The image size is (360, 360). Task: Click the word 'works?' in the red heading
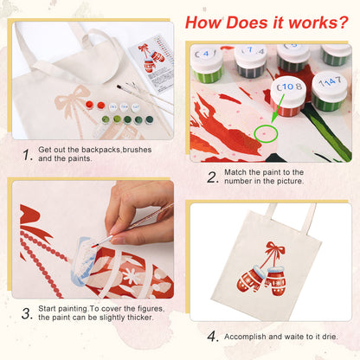point(318,22)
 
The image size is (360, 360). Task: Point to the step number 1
point(27,155)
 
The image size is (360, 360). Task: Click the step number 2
point(213,177)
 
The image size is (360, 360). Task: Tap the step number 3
point(27,313)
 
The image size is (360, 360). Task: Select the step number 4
point(213,337)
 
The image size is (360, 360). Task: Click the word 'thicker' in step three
point(140,318)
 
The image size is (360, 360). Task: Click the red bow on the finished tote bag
point(275,248)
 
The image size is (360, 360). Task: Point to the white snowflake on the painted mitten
point(131,275)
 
